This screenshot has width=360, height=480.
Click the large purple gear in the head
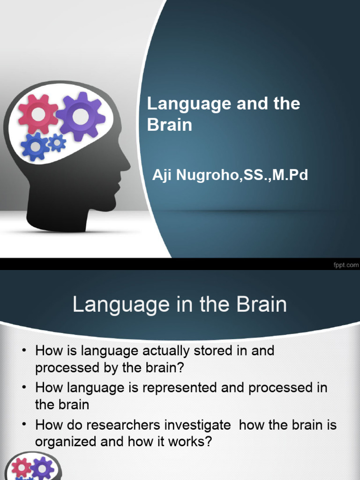pos(81,116)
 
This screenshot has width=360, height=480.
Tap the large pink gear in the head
pos(38,114)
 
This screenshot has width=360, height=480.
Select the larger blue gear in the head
pos(34,147)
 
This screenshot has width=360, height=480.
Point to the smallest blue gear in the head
pos(57,142)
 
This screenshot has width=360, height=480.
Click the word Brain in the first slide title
pos(169,126)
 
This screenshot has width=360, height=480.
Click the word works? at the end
pos(187,442)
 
